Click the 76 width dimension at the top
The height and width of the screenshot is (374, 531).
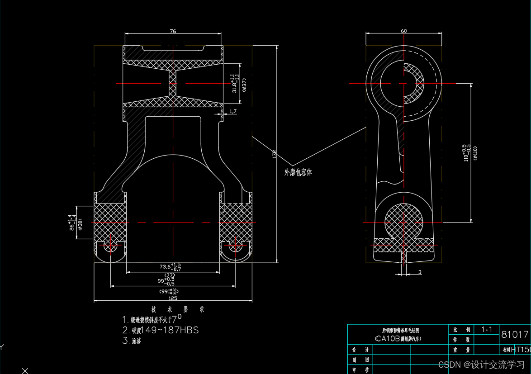pos(173,31)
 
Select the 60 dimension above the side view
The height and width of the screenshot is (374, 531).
pos(403,31)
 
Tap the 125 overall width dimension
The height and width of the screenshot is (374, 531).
pos(173,298)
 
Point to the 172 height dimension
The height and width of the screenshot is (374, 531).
pos(274,154)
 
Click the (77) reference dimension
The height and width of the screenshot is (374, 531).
pos(170,275)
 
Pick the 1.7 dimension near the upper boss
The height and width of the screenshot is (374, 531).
pos(233,111)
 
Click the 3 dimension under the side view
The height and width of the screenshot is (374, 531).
pos(420,272)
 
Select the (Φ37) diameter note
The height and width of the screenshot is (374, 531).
pos(244,85)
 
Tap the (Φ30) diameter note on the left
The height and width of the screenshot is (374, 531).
pos(80,223)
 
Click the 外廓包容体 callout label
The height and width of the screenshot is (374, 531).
pos(298,172)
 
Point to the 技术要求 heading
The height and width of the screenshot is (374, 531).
pos(178,309)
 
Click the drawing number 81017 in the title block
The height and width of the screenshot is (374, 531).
pos(515,335)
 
